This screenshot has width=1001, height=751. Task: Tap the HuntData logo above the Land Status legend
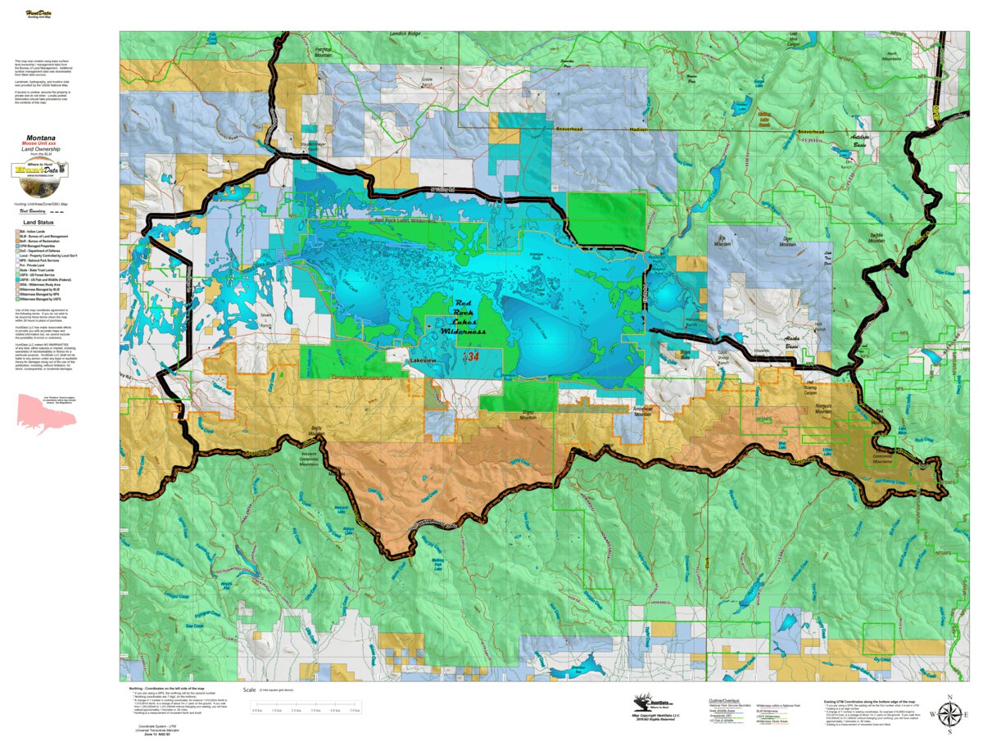[40, 170]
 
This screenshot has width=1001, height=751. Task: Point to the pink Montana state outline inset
[45, 414]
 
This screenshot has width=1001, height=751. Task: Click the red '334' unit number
[471, 356]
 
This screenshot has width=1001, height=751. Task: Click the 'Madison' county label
[637, 129]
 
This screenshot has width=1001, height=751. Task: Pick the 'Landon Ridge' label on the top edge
[403, 34]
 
